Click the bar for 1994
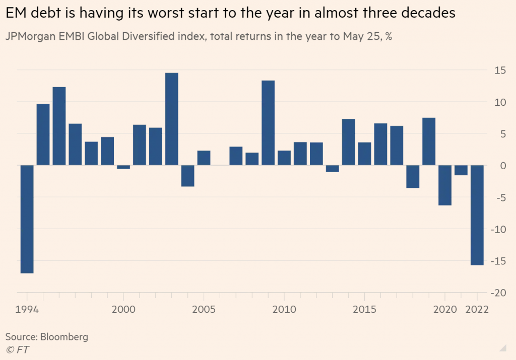tap(27, 219)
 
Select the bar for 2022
tap(477, 215)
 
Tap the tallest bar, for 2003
tap(172, 119)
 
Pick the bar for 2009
tap(268, 123)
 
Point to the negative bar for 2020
tap(444, 185)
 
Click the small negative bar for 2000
tap(123, 167)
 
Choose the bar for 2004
tap(188, 176)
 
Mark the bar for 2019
tap(429, 141)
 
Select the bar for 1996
tap(59, 126)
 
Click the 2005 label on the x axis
tap(204, 309)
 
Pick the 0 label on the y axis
tap(500, 166)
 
